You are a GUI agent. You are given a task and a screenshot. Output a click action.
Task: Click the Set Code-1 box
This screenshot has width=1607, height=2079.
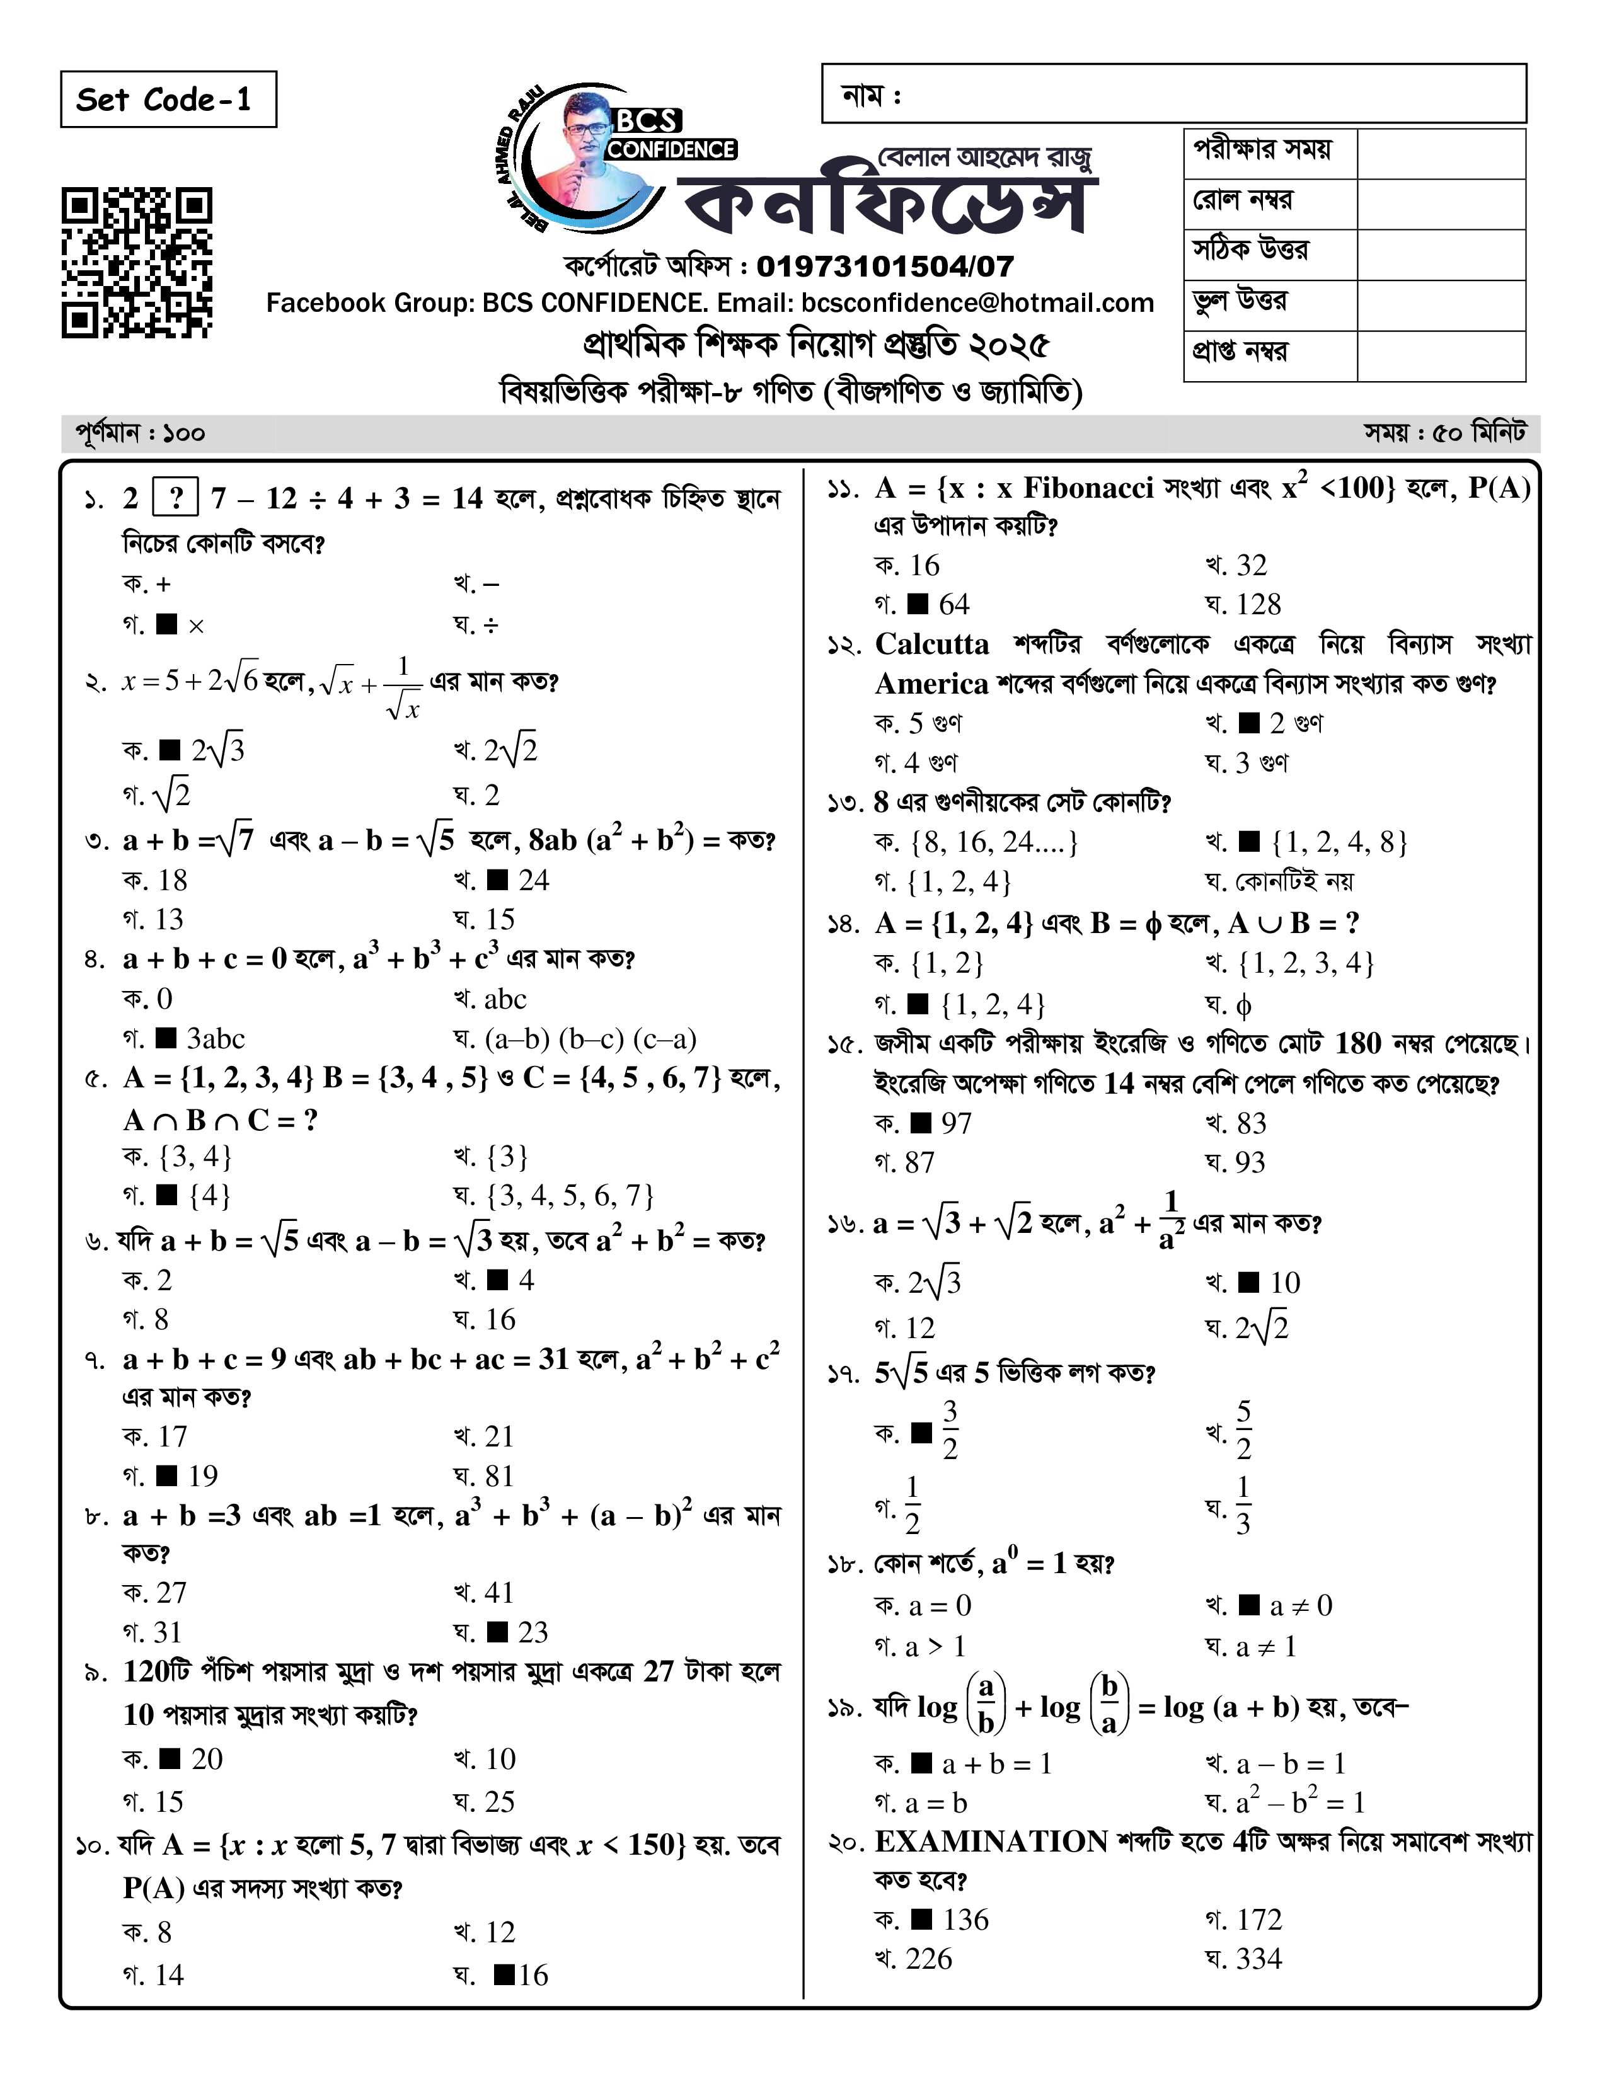tap(168, 99)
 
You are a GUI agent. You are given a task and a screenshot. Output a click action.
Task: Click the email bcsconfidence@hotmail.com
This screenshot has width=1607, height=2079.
tap(977, 302)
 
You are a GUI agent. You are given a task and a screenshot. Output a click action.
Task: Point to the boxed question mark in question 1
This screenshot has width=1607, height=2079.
tap(175, 498)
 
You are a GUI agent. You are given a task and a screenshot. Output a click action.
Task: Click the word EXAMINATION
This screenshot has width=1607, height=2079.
tap(990, 1842)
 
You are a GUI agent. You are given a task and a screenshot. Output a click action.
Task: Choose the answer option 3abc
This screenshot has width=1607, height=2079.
tap(215, 1038)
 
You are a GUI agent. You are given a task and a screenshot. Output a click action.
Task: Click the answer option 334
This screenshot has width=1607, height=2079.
tap(1258, 1959)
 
